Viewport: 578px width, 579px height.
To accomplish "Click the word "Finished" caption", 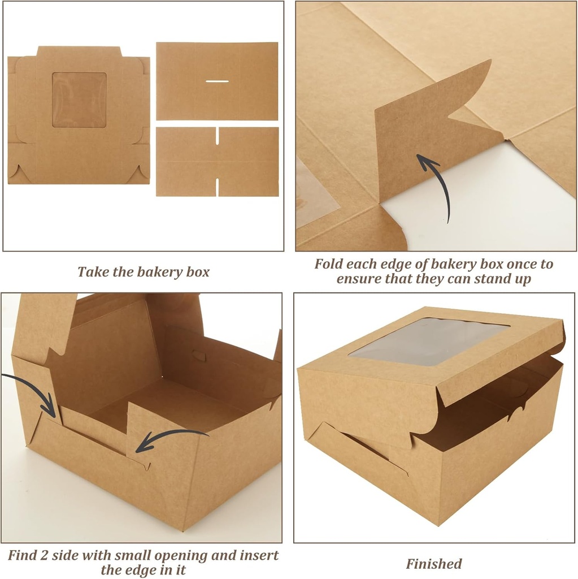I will pos(433,564).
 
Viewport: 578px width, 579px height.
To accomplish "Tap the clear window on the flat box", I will pos(79,100).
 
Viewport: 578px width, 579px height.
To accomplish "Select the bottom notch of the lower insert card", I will pos(217,188).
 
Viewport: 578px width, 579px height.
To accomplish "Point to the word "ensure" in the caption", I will pos(359,279).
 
